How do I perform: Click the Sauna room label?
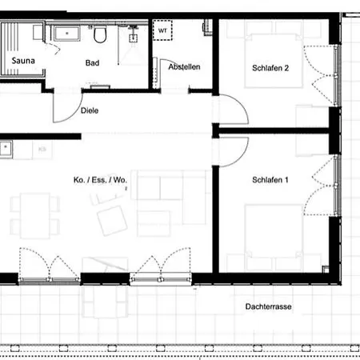click(21, 60)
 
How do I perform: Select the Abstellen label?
click(184, 67)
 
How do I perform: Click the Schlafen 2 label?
click(270, 68)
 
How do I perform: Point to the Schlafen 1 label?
click(270, 180)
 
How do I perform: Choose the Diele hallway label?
click(90, 112)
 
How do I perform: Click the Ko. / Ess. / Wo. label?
click(94, 180)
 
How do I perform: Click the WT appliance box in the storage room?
click(163, 30)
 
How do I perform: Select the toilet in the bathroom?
click(100, 34)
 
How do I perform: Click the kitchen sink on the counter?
click(6, 147)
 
